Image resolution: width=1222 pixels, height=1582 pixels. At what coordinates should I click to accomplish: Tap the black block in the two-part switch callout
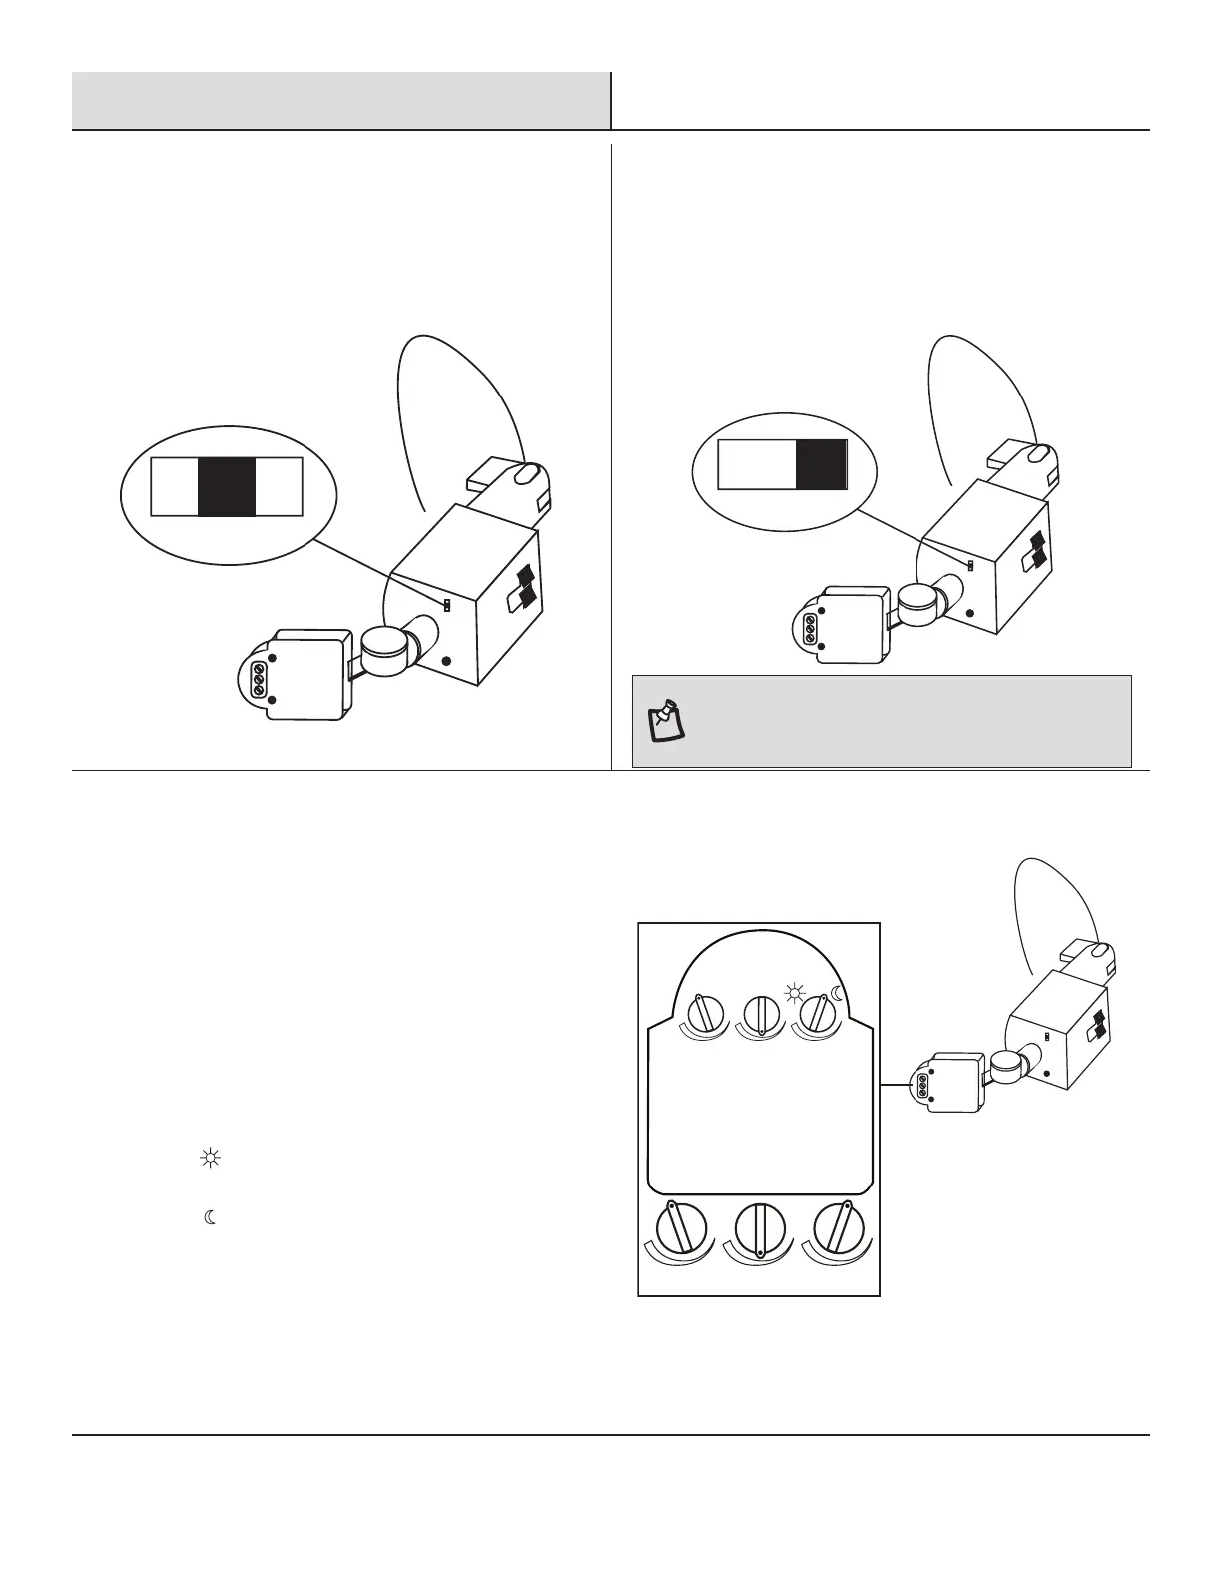[x=821, y=464]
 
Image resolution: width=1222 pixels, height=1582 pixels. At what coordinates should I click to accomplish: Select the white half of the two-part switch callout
[x=757, y=464]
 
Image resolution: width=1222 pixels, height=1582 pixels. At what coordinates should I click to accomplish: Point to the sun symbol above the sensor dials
[x=794, y=994]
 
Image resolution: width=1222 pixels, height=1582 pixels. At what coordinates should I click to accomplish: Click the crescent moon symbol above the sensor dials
[x=838, y=994]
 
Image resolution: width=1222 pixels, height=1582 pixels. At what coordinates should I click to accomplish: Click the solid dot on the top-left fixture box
[x=446, y=661]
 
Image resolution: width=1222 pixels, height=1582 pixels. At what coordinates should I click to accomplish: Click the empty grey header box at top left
[x=340, y=100]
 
